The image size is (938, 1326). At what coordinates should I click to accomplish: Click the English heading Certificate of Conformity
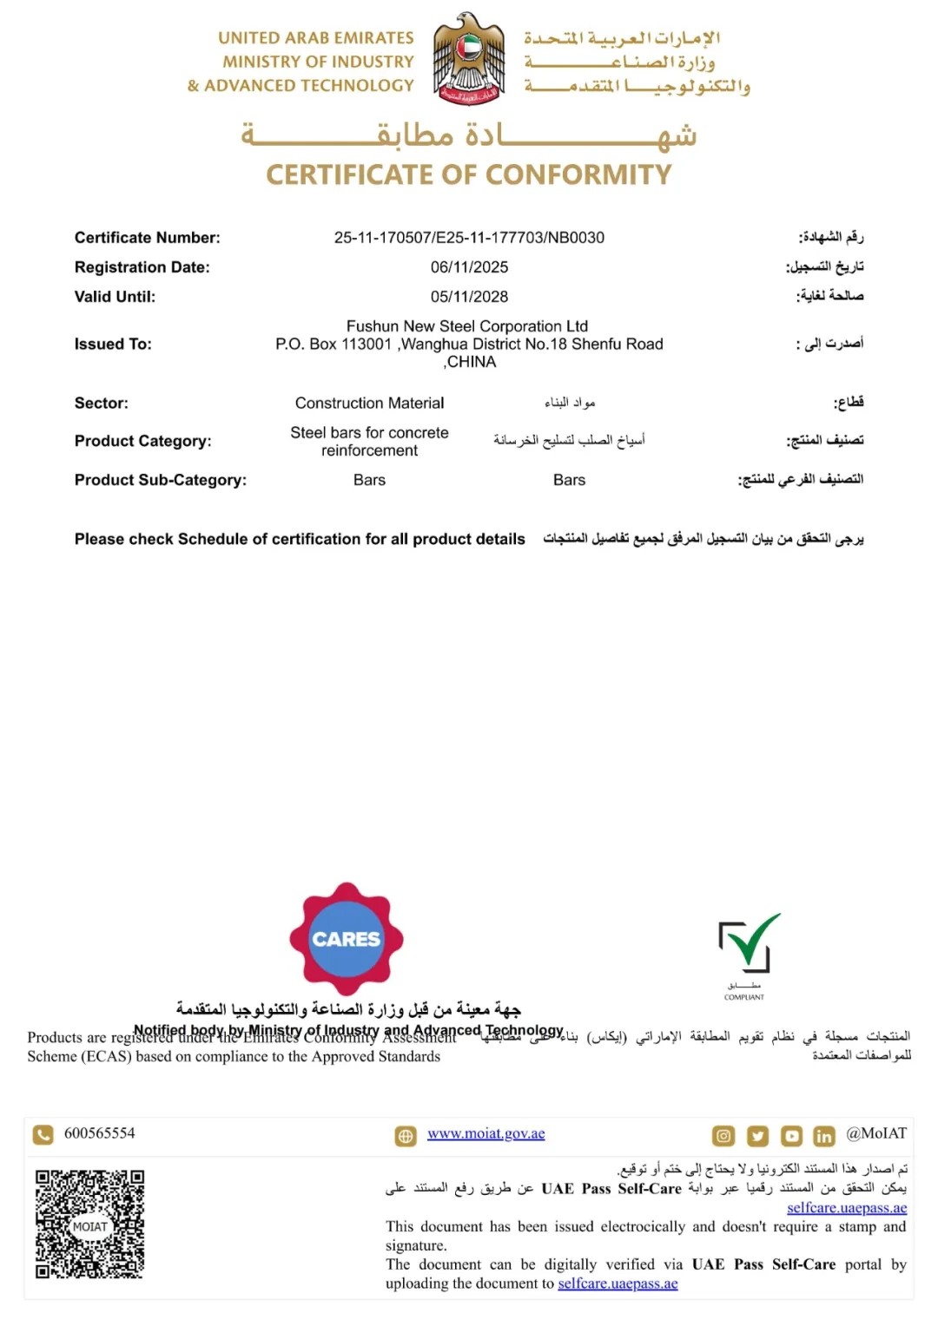pos(469,174)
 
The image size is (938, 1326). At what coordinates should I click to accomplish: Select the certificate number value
pos(469,238)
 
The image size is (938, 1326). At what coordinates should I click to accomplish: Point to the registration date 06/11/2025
pos(469,267)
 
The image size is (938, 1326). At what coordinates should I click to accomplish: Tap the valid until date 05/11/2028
pos(469,297)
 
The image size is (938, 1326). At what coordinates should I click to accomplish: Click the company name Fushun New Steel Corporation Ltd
pos(467,326)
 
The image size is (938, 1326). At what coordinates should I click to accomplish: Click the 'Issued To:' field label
pos(113,345)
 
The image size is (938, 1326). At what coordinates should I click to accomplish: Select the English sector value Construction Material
pos(369,404)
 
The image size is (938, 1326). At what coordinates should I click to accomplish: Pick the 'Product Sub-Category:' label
pos(161,480)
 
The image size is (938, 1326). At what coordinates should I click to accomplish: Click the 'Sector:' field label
pos(102,404)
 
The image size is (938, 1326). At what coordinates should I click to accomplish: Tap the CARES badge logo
pos(347,939)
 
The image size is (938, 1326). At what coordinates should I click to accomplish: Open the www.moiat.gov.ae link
pos(486,1134)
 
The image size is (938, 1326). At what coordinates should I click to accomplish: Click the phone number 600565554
pos(100,1133)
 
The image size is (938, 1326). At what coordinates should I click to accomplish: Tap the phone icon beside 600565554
pos(43,1135)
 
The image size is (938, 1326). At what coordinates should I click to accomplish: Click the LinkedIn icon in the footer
pos(823,1136)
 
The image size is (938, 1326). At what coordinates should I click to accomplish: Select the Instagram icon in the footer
pos(723,1136)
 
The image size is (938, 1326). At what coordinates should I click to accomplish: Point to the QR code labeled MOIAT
pos(89,1224)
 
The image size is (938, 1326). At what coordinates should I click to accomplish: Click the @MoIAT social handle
pos(876,1133)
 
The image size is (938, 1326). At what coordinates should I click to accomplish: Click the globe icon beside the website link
pos(406,1136)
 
